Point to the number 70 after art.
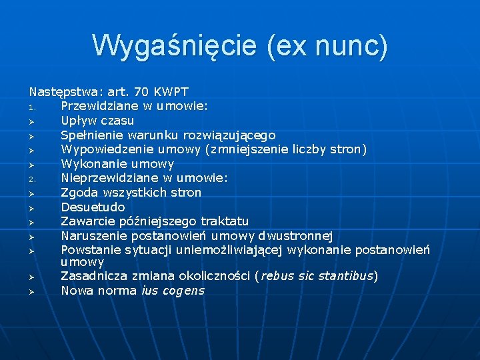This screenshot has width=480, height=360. point(142,92)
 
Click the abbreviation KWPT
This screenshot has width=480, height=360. point(171,92)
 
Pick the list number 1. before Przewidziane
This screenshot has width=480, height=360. point(31,107)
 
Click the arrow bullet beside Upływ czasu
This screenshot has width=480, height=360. point(31,121)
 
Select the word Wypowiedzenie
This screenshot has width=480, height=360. point(101,149)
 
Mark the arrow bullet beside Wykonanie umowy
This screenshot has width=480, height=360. point(31,164)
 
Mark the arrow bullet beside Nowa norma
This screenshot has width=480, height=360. point(31,291)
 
